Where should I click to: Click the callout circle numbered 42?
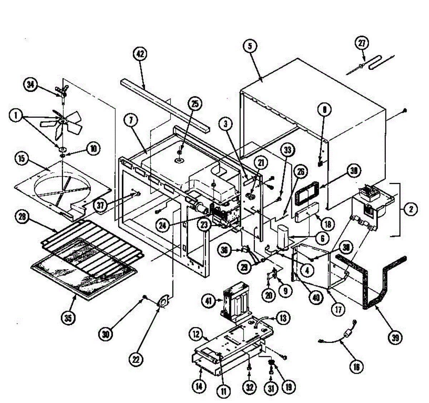click(x=140, y=54)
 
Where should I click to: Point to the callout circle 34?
click(x=31, y=85)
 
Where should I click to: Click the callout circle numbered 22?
click(x=136, y=359)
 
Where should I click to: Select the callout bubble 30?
click(x=106, y=334)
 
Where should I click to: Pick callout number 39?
click(x=395, y=338)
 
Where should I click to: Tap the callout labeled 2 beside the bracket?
click(x=410, y=209)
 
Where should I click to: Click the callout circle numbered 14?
click(x=199, y=386)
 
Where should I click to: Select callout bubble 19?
click(x=289, y=387)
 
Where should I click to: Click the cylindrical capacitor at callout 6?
click(x=285, y=237)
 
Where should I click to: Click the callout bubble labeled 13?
click(x=283, y=318)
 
